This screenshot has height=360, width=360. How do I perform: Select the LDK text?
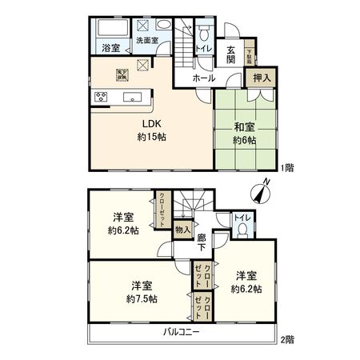click(x=152, y=124)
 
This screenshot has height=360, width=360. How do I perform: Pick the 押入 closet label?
click(x=262, y=78)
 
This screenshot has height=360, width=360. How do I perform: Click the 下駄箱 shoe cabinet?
click(x=249, y=54)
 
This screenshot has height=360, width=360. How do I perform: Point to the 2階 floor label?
click(x=288, y=339)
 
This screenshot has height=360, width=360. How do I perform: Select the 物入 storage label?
click(x=183, y=230)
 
